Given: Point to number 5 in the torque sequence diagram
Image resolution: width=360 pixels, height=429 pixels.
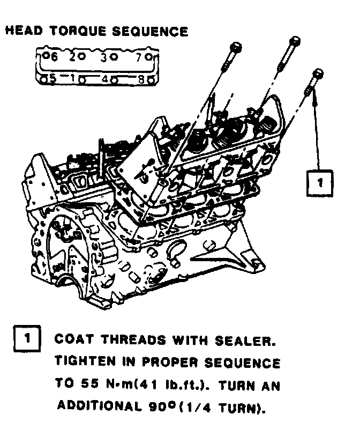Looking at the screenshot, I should coord(52,78).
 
